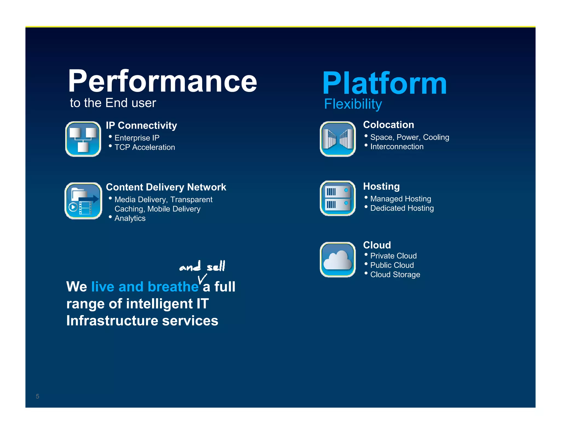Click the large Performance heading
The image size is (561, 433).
162,81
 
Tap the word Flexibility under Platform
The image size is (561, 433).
353,104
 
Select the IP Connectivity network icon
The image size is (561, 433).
83,139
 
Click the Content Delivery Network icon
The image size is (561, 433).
83,201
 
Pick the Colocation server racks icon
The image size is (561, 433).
337,139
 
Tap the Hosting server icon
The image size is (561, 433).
337,198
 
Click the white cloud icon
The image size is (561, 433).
337,260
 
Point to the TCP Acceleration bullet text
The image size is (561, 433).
144,147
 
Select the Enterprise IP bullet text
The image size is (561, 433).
137,138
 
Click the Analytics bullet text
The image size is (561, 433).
130,218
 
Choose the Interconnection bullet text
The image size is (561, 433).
397,147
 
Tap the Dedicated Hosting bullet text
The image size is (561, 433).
402,208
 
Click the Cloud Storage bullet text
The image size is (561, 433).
395,275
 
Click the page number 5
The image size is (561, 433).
38,396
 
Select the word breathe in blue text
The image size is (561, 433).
173,287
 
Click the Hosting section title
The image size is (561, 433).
381,186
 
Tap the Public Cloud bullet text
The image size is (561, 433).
392,265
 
